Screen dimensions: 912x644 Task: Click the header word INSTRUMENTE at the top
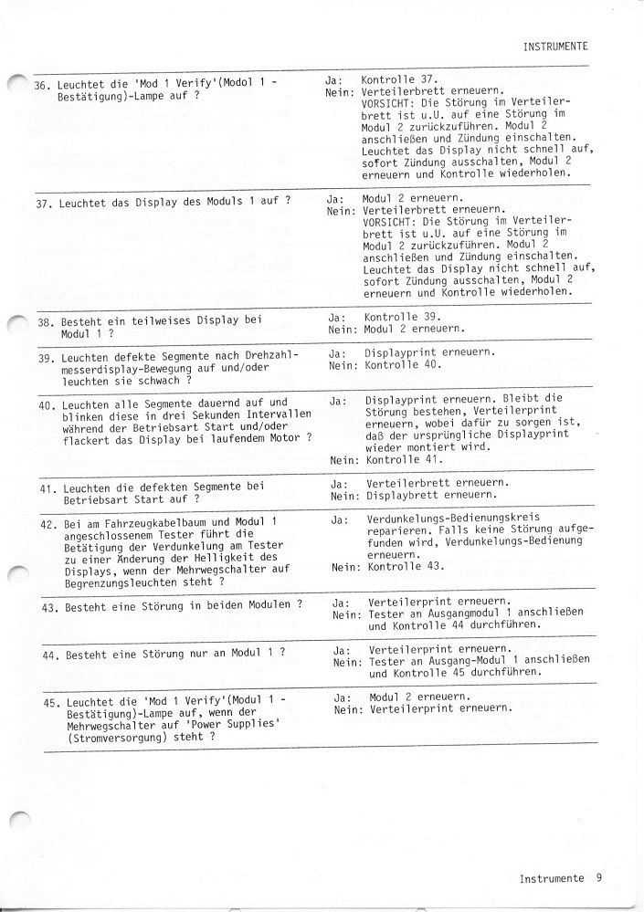click(x=554, y=45)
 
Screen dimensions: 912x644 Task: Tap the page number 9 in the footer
click(x=598, y=878)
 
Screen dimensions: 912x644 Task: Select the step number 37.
click(x=42, y=202)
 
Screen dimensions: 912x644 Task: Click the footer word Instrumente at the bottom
click(x=551, y=878)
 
